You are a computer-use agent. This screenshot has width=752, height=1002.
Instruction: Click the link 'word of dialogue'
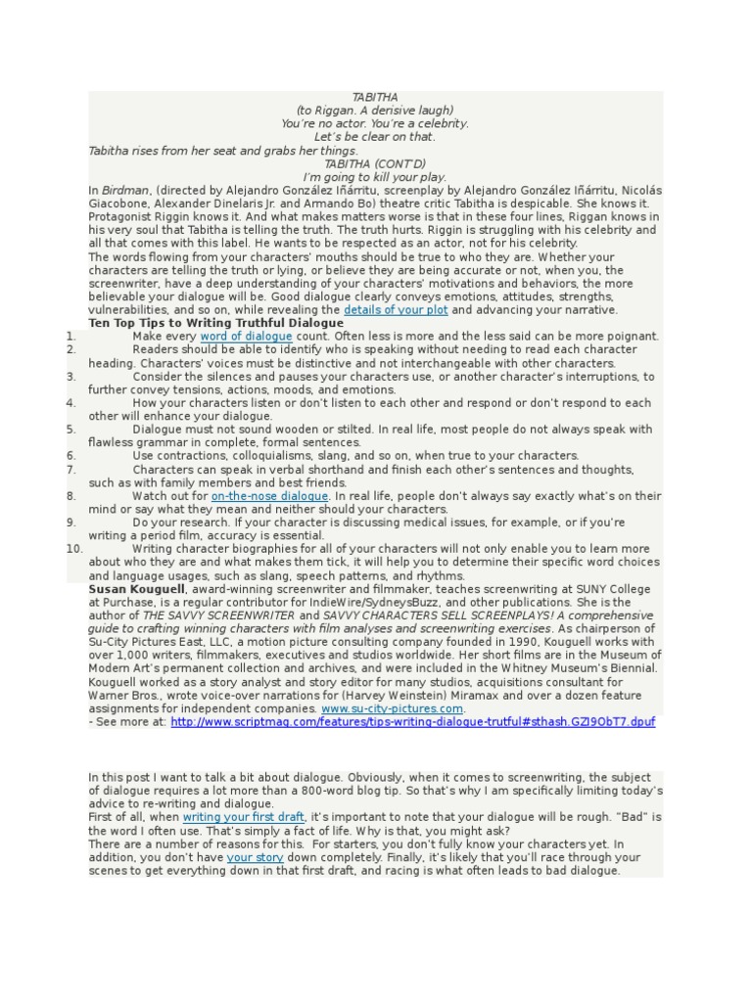[x=246, y=336]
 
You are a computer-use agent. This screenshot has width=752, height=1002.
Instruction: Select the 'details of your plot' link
[x=396, y=309]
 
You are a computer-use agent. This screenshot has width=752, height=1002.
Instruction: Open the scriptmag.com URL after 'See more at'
[x=412, y=721]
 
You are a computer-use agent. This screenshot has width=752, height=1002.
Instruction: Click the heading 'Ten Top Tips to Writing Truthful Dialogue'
[x=215, y=322]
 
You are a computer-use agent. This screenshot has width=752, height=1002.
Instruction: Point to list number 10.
[x=75, y=549]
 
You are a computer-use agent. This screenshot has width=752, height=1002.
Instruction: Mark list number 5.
[x=71, y=429]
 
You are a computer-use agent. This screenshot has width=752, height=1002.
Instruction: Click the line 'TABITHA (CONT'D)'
[x=375, y=163]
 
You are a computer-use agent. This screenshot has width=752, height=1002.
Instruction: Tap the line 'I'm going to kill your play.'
[x=375, y=176]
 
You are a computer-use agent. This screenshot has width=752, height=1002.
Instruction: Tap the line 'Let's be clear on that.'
[x=375, y=137]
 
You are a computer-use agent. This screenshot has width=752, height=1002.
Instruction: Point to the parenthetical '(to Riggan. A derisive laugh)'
[x=375, y=111]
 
